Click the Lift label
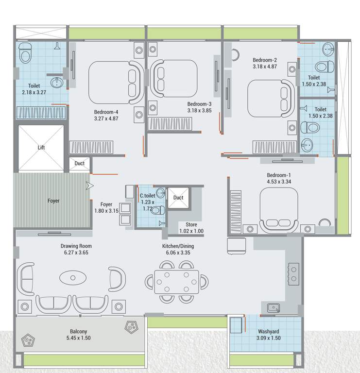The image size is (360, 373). [41, 148]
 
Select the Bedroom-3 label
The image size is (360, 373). [199, 104]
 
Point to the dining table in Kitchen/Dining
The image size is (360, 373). [177, 282]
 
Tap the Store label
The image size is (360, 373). [191, 224]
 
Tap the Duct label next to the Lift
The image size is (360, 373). [80, 163]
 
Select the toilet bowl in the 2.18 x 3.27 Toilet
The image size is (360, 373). [25, 53]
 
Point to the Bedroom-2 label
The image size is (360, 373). [265, 60]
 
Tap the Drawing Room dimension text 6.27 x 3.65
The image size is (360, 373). [76, 253]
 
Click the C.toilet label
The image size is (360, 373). [147, 196]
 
